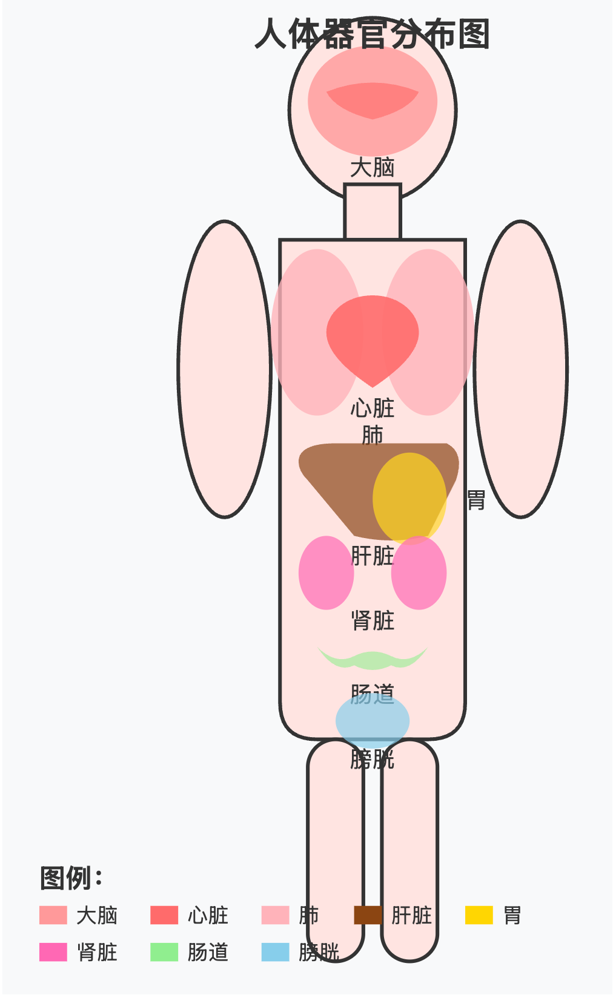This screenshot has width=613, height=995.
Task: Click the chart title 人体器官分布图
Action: tap(372, 34)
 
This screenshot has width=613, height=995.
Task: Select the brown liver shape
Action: tap(339, 478)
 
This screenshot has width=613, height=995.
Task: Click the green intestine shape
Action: tap(372, 660)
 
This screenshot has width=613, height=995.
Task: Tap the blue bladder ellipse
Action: tap(372, 721)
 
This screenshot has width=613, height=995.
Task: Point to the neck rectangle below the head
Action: tap(372, 212)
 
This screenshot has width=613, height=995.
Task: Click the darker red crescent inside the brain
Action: tap(372, 100)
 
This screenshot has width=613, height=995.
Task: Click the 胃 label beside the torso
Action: tap(476, 501)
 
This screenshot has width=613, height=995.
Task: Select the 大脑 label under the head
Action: tap(372, 168)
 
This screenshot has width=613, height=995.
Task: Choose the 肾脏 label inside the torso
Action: tap(372, 620)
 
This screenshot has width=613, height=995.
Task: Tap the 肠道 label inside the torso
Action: tap(372, 694)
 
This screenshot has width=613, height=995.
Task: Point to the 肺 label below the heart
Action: tap(372, 435)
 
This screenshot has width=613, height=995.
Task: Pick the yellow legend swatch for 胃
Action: tap(479, 915)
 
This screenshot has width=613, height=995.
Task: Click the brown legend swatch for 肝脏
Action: tap(368, 915)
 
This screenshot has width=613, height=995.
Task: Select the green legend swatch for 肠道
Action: tap(164, 952)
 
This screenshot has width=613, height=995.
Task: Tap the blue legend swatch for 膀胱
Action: tap(275, 952)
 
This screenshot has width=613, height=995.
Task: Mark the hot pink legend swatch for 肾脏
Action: tap(53, 952)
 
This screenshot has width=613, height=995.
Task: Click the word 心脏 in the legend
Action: tap(208, 915)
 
